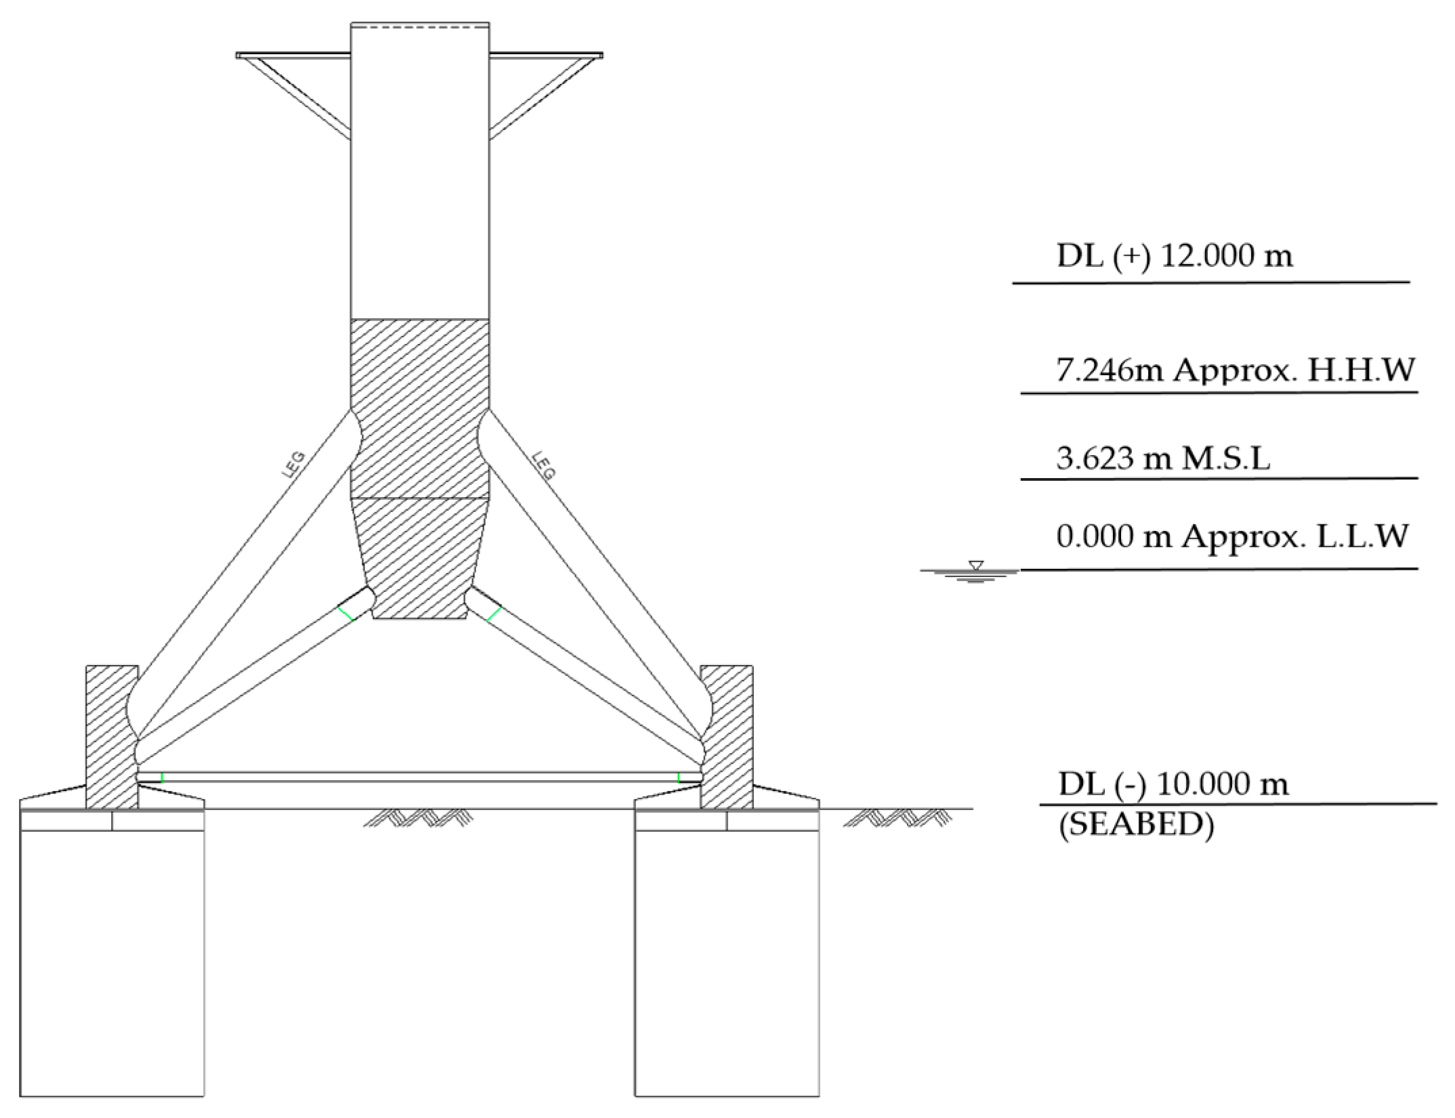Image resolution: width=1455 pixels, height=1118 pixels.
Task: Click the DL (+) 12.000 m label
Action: [x=1175, y=256]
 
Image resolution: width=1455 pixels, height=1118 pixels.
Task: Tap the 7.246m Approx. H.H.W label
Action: [x=1236, y=370]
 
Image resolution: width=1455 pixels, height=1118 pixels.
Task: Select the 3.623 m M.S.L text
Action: [x=1162, y=458]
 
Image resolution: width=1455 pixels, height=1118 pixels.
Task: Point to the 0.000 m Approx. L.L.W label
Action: [x=1232, y=537]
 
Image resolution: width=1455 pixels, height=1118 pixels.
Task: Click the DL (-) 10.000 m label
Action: [x=1173, y=784]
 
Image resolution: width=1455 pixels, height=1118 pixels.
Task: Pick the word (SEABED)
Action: [x=1136, y=825]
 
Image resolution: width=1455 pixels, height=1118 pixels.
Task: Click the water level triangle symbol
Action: [x=975, y=565]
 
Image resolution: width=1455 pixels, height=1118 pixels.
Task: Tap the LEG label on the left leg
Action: [x=294, y=465]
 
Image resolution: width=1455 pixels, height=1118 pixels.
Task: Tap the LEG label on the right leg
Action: [x=544, y=465]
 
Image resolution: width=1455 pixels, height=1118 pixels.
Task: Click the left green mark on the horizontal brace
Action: [x=162, y=777]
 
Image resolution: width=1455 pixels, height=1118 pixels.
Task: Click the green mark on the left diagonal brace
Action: [x=345, y=614]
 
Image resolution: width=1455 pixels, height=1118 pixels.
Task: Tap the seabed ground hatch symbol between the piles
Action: [x=418, y=818]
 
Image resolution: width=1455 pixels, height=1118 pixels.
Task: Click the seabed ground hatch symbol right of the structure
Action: [x=898, y=818]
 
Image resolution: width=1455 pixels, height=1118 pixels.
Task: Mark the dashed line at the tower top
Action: [x=419, y=28]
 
